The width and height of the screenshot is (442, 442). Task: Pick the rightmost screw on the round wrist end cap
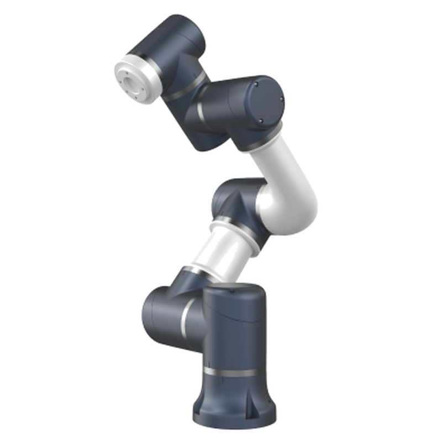pos(282,100)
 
